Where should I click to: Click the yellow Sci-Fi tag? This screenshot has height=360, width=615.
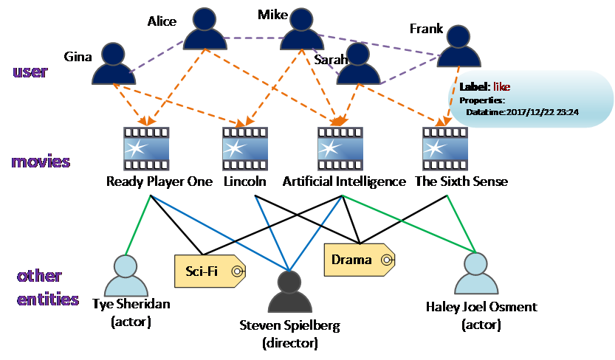click(x=207, y=271)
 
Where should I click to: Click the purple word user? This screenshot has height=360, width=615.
click(x=30, y=72)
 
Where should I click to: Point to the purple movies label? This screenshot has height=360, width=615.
click(x=40, y=162)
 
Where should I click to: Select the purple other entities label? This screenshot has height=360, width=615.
click(x=47, y=288)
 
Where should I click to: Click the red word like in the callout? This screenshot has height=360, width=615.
click(x=501, y=87)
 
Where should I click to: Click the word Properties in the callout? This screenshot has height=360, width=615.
click(x=481, y=100)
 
